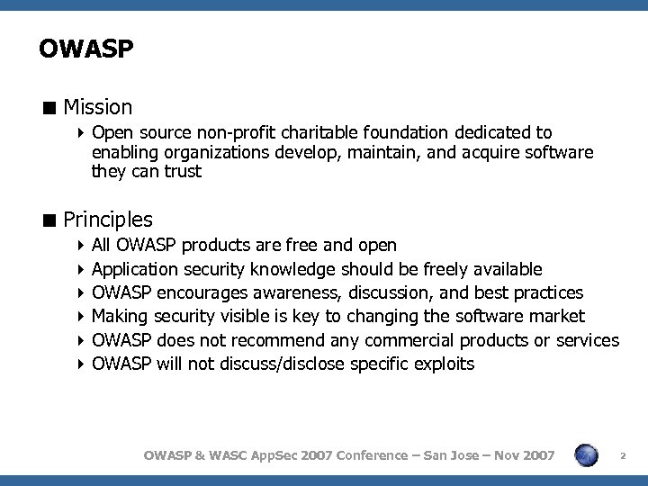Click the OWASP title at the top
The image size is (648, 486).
pyautogui.click(x=86, y=49)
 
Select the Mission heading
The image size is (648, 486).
pyautogui.click(x=98, y=107)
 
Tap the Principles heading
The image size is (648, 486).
pyautogui.click(x=108, y=220)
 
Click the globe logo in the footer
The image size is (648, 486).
pyautogui.click(x=587, y=455)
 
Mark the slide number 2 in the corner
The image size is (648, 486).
pyautogui.click(x=623, y=457)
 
